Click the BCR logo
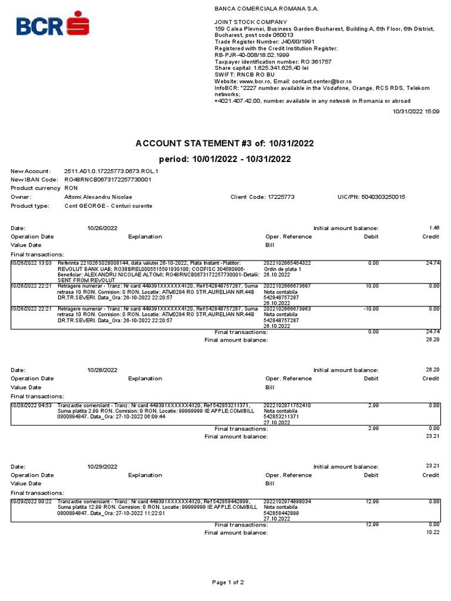coord(53,25)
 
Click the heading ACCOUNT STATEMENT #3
coord(225,143)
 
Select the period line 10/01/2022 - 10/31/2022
coord(225,159)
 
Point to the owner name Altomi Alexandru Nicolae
coord(98,197)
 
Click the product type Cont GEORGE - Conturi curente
coord(108,206)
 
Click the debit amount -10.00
coord(370,309)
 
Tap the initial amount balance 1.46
coord(434,228)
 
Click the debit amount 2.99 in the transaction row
coord(373,405)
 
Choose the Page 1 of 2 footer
coord(228,582)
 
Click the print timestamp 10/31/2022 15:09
coord(416,110)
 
